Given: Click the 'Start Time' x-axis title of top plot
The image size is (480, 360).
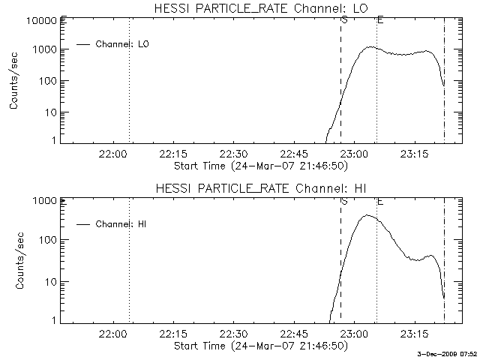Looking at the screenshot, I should click(259, 165).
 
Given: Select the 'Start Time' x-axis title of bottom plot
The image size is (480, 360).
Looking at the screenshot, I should click(259, 346).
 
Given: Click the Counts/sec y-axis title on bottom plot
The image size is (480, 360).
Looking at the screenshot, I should click(14, 260).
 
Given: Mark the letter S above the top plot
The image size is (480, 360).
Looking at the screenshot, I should click(343, 19).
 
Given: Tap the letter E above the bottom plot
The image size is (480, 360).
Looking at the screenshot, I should click(380, 201).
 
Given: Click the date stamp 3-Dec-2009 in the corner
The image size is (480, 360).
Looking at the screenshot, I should click(448, 354).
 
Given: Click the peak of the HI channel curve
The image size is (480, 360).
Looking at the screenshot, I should click(367, 215).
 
